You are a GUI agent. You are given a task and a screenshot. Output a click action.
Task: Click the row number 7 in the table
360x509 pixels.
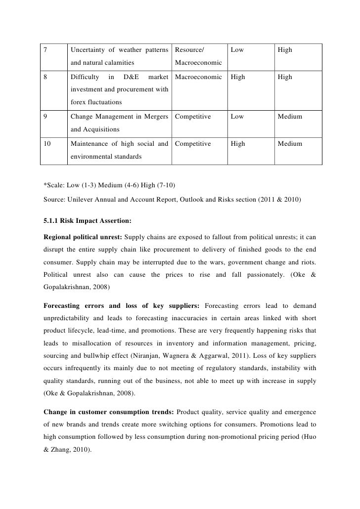click(x=45, y=50)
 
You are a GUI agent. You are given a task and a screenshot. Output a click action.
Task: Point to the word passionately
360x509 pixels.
click(x=273, y=273)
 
